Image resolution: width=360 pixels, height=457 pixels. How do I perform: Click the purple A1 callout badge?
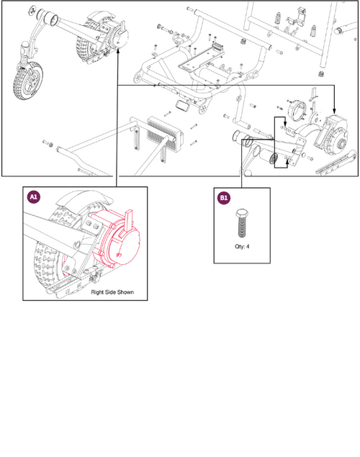(x=34, y=196)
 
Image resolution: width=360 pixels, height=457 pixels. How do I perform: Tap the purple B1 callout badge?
(x=224, y=198)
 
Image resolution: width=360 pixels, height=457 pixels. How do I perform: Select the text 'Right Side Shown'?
(x=112, y=292)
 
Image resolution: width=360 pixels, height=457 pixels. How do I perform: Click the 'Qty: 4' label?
(x=242, y=246)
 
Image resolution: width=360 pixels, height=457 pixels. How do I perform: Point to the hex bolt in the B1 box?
(x=242, y=222)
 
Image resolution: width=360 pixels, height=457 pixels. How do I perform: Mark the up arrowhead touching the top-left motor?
(x=118, y=51)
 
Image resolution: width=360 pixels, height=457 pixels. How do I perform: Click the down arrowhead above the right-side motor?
(x=334, y=111)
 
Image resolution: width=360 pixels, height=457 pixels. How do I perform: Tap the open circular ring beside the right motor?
(x=297, y=110)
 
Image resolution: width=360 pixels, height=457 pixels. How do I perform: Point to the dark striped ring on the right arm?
(x=274, y=158)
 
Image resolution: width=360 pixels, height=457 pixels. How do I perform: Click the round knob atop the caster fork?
(x=25, y=45)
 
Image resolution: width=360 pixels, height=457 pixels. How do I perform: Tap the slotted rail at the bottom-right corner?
(x=337, y=163)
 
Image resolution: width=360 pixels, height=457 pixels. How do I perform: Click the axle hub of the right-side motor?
(x=341, y=143)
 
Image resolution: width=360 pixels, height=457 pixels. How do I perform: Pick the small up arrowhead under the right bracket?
(x=287, y=162)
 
